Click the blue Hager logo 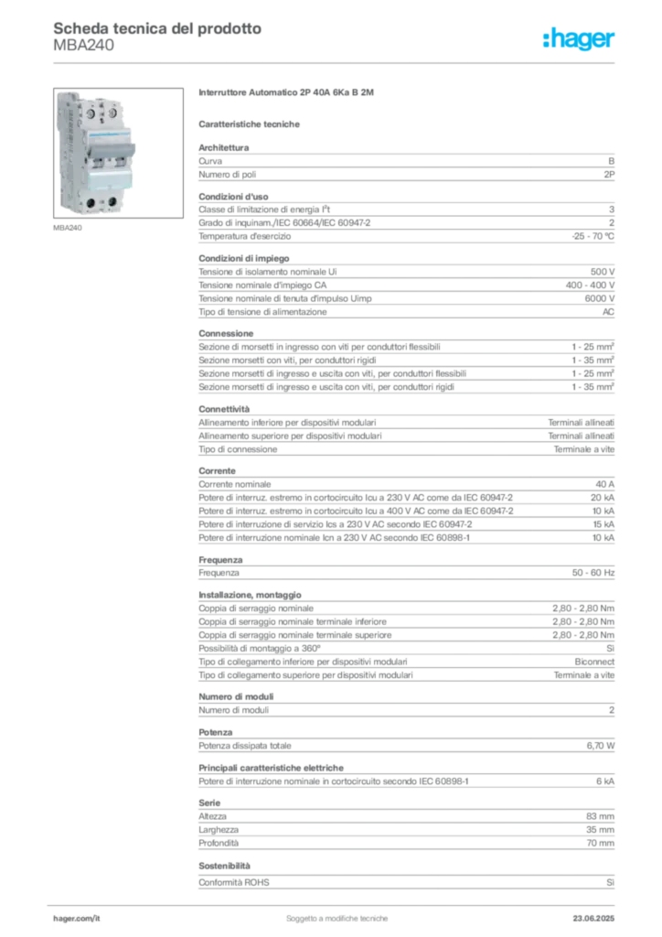(x=581, y=40)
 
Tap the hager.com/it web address (x=77, y=916)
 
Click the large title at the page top (x=156, y=28)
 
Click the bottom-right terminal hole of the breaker (x=112, y=201)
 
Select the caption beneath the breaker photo (x=69, y=229)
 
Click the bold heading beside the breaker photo (x=288, y=95)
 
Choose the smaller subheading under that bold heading (x=251, y=124)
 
